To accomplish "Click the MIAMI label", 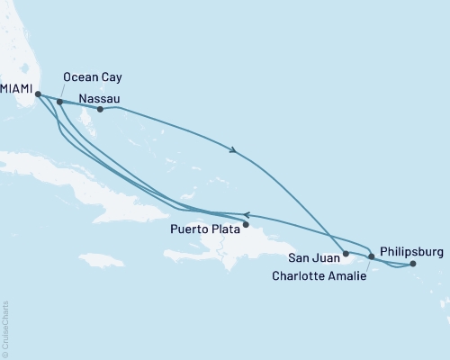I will point(17,89).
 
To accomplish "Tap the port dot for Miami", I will point(38,93).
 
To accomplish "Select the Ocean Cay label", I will point(88,78).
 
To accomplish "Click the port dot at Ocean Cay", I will point(59,102).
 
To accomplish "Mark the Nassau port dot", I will point(100,110).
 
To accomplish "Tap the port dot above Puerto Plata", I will point(246,224).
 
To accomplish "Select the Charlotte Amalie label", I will point(319,276).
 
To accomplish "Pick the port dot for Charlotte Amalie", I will point(372,256).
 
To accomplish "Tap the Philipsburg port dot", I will point(413,264).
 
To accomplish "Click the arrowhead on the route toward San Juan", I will point(235,151).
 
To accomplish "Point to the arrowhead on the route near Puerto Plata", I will point(247,214).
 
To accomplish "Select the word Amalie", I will point(347,276).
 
